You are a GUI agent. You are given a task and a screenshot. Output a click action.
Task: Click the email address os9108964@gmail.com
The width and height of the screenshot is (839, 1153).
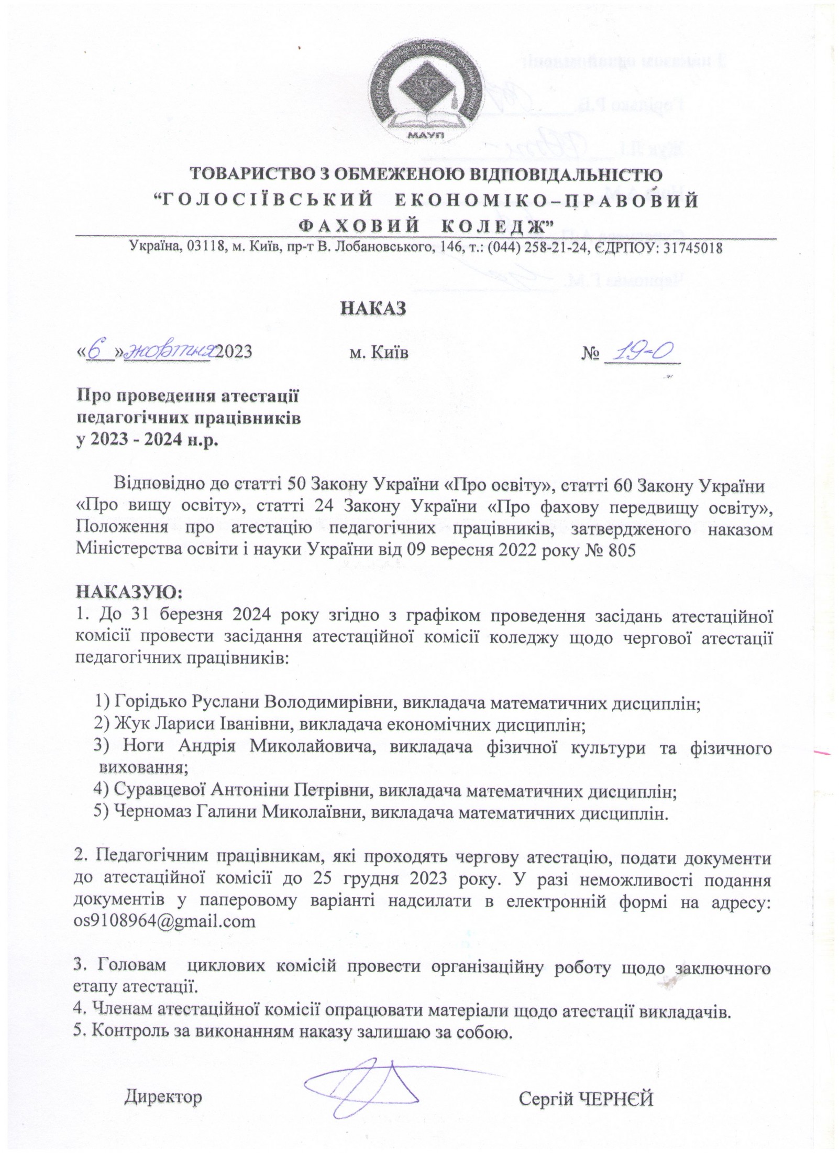(165, 922)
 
